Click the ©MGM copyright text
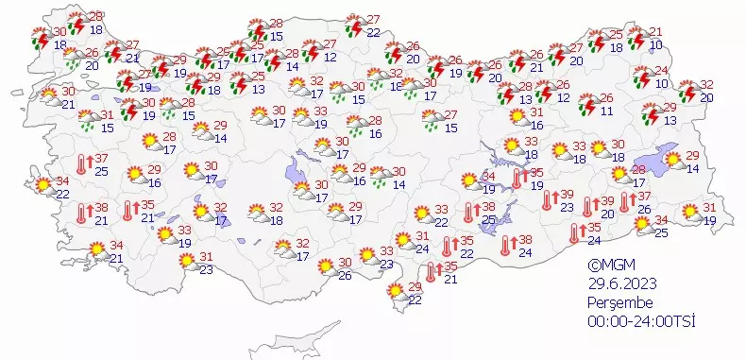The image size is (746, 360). point(607,266)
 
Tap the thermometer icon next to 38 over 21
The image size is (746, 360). point(81,214)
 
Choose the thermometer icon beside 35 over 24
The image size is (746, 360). point(574,233)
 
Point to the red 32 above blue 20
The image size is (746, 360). point(706,85)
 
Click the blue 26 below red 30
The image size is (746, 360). point(345,275)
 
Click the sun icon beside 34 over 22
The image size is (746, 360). point(42,185)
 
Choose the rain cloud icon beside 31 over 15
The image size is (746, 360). point(92,119)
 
